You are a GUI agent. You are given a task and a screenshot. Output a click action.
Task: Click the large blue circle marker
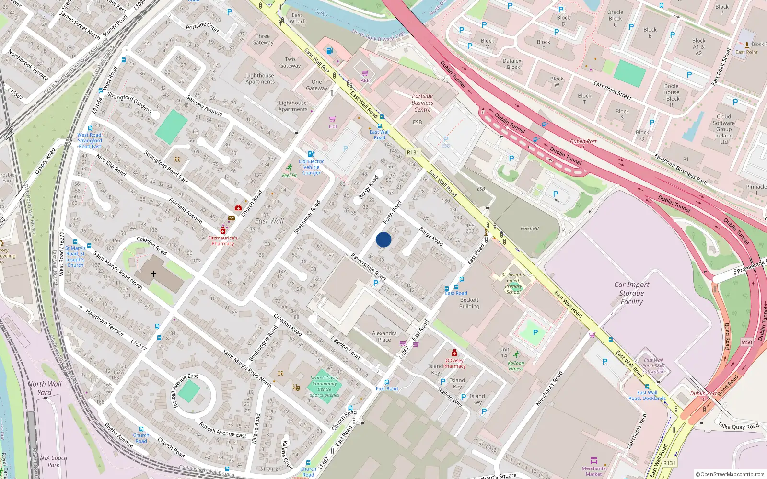[383, 239]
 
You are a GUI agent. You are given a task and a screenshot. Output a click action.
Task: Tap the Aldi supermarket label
[365, 80]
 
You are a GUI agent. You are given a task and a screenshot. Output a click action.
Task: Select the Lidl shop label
[333, 126]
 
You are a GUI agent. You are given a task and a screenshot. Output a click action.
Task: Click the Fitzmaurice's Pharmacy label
[223, 240]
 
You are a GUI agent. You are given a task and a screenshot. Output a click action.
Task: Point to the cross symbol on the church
[154, 274]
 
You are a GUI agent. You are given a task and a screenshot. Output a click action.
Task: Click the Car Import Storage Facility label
[631, 293]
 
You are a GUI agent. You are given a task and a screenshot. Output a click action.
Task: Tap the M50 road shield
[746, 342]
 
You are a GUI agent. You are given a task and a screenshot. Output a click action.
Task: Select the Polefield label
[530, 228]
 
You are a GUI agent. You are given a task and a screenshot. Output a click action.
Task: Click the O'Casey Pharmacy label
[454, 363]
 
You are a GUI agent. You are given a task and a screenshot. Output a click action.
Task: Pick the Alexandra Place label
[384, 336]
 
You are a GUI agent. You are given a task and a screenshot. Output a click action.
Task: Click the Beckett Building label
[469, 303]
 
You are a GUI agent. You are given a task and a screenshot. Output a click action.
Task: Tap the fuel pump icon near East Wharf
[329, 51]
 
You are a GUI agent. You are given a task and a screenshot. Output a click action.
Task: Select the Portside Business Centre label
[422, 103]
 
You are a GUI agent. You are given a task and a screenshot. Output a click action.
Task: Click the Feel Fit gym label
[289, 175]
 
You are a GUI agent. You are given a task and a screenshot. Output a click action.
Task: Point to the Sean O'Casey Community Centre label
[325, 386]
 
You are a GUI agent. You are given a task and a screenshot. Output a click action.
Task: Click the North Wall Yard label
[45, 388]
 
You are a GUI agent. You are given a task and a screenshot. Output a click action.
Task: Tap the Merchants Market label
[593, 471]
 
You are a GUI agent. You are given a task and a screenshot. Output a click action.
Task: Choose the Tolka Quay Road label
[738, 426]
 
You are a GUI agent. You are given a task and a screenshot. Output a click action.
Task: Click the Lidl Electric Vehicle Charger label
[312, 167]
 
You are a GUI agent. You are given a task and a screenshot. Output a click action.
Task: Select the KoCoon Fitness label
[516, 365]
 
